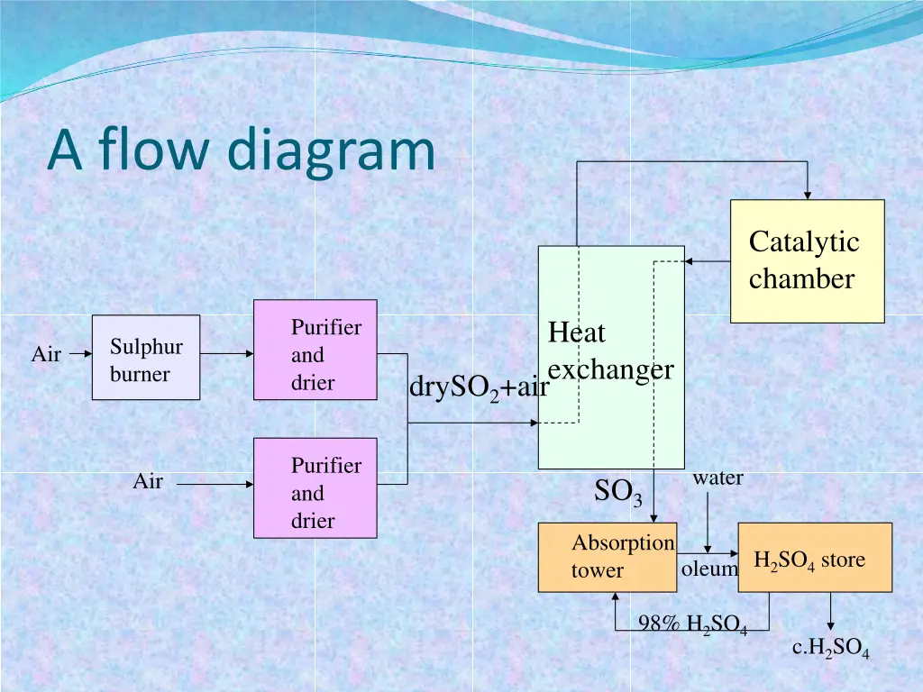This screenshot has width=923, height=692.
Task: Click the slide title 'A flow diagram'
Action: (x=241, y=150)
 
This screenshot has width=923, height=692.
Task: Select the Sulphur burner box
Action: (x=146, y=358)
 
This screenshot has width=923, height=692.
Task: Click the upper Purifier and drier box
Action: (x=315, y=350)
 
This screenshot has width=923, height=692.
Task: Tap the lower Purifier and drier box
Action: (x=315, y=487)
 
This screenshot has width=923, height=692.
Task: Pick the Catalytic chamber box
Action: (x=807, y=261)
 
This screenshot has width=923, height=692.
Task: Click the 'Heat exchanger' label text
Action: (x=610, y=351)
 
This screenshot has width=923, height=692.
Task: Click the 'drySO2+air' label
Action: (x=479, y=388)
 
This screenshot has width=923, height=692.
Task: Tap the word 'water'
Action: (x=717, y=478)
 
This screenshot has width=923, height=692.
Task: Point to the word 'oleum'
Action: (x=709, y=569)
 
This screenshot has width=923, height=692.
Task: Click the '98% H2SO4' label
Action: (x=692, y=624)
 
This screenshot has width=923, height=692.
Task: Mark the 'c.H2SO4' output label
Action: (x=830, y=648)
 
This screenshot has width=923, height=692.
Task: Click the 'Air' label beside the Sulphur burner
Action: (x=46, y=355)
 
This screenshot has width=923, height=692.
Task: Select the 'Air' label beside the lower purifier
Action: (x=148, y=482)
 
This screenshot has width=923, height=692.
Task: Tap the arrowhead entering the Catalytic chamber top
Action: (x=808, y=193)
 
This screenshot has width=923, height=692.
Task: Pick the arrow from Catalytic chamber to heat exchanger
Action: (x=707, y=261)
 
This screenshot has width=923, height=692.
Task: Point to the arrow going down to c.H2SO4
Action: (x=830, y=613)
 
